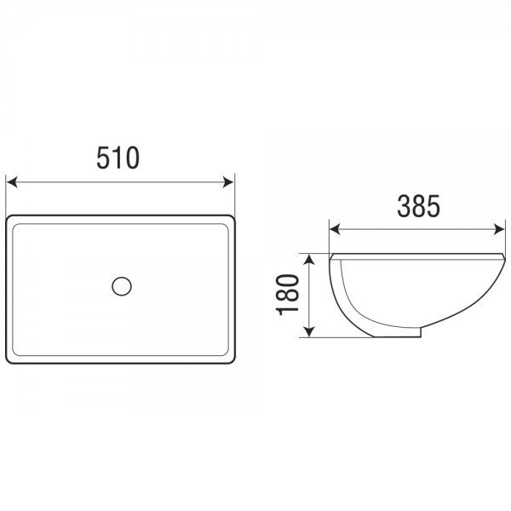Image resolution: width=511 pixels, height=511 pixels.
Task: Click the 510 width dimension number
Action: (x=118, y=158)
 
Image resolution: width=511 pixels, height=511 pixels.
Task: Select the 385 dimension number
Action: (x=418, y=206)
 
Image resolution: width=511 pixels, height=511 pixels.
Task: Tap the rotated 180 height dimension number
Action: (x=288, y=295)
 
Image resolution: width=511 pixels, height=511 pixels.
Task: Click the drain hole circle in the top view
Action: (x=122, y=286)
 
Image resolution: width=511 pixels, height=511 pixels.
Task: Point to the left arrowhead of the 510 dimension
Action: (x=12, y=182)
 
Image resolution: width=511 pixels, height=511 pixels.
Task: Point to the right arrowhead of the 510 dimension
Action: (x=228, y=182)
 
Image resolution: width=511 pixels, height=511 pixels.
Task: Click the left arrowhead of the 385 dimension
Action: (x=335, y=229)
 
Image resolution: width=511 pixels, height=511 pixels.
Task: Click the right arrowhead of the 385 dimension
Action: (x=499, y=229)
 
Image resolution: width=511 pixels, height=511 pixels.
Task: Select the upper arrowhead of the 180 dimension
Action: (x=309, y=260)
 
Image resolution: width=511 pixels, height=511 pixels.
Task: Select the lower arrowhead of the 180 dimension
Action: (x=309, y=331)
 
